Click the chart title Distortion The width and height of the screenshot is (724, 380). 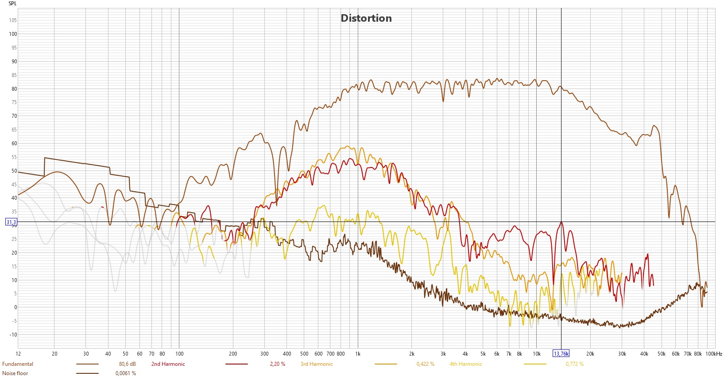tap(366, 18)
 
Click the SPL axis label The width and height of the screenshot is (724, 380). tap(12, 4)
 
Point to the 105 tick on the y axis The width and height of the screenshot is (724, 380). tap(12, 20)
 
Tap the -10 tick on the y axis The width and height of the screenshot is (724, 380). tap(13, 335)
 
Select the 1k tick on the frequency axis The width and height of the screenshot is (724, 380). tap(358, 354)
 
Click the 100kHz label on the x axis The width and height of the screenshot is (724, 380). tap(713, 354)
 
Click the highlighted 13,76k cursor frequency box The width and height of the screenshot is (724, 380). tap(561, 354)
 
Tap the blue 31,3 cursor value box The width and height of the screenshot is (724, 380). tap(11, 222)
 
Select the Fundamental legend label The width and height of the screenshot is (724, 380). tap(18, 364)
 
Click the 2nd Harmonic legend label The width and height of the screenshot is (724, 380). tap(168, 364)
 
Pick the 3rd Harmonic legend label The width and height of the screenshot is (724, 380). tap(317, 364)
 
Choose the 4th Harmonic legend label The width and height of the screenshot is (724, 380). tap(466, 364)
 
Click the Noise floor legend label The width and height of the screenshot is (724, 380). tap(15, 373)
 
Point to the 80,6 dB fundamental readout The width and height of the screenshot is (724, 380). tap(128, 364)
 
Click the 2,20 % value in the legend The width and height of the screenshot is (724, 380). tap(278, 364)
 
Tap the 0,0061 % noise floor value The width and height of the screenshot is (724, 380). tap(126, 373)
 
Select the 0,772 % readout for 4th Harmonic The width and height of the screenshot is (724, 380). tap(574, 364)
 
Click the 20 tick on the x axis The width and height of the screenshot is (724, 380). tap(54, 354)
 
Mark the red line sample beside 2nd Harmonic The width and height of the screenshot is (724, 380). tap(236, 364)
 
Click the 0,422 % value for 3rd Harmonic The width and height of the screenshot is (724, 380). tap(425, 364)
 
